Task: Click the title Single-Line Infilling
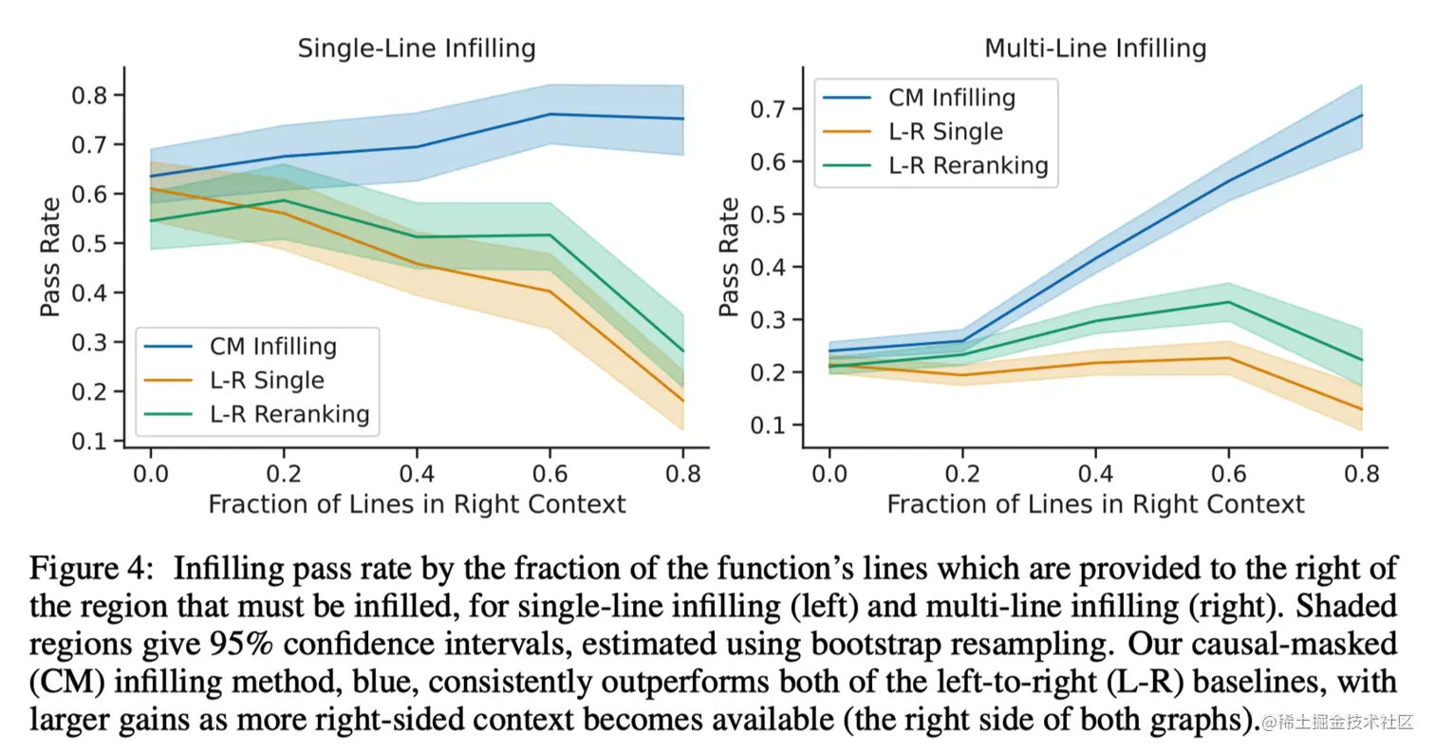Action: point(417,48)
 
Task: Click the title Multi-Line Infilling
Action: point(1095,48)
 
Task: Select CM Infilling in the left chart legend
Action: point(273,347)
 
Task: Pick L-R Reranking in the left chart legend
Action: point(289,414)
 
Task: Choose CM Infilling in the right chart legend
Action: point(952,97)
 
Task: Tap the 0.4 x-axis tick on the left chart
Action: point(417,471)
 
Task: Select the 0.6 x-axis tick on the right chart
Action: point(1228,471)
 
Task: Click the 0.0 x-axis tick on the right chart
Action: point(829,471)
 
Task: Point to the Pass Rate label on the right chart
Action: point(730,256)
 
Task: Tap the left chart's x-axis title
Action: point(417,503)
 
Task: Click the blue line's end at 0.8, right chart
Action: point(1362,115)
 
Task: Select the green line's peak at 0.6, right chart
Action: point(1229,302)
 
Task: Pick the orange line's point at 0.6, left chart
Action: point(550,292)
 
